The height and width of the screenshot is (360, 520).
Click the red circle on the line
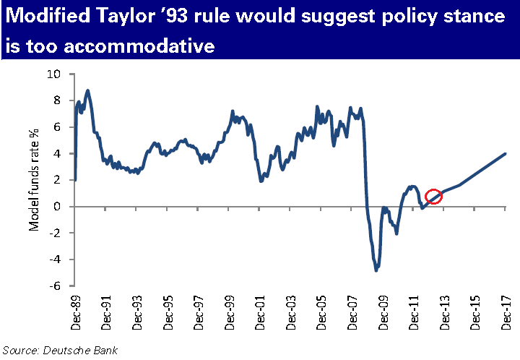[433, 197]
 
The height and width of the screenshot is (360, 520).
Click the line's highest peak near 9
[87, 90]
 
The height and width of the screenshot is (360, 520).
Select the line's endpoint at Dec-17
[505, 153]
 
